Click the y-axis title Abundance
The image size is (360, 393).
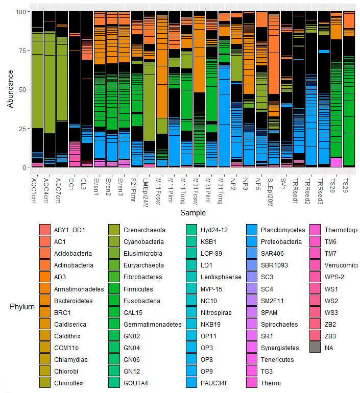[x=11, y=89]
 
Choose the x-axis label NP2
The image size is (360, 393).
[x=233, y=183]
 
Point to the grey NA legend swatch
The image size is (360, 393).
[x=316, y=348]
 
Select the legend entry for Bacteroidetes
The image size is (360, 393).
[x=74, y=301]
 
